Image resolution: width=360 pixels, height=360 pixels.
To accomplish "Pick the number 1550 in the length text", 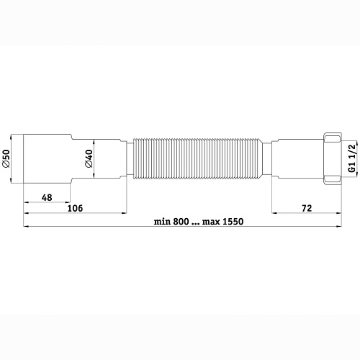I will (x=232, y=220).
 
